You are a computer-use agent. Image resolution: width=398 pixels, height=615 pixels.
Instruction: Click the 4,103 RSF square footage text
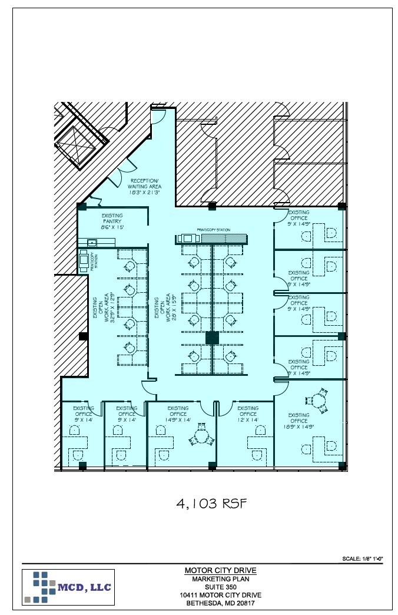pos(210,504)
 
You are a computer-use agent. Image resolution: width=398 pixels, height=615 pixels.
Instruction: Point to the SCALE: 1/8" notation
pos(362,558)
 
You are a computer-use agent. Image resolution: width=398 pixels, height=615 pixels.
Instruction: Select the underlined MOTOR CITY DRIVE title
pos(220,570)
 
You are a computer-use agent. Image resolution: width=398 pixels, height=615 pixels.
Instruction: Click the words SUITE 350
pos(220,587)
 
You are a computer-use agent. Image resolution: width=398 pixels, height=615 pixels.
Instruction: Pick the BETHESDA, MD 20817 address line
pos(220,603)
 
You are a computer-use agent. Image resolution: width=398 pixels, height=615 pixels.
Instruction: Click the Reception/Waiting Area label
pos(145,186)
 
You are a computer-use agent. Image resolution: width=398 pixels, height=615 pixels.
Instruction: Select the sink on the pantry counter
pos(92,242)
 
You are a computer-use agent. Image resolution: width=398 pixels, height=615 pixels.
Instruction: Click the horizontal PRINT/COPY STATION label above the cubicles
pos(213,230)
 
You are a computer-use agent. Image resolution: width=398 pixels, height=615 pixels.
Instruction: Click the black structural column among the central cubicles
pos(212,338)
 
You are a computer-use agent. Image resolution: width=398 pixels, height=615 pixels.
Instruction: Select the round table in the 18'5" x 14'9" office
pos(319,401)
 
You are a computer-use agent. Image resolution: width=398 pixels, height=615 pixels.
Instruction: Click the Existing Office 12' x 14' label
pos(248,414)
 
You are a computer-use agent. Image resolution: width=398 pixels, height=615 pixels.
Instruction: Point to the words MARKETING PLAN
pos(220,578)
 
